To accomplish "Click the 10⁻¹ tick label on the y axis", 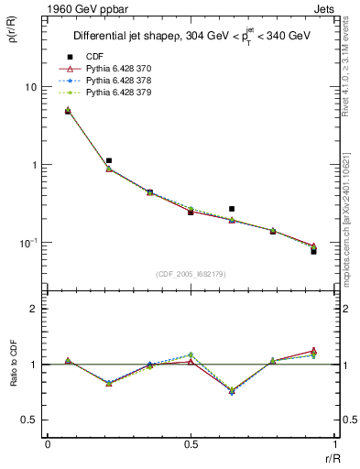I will click(27, 243).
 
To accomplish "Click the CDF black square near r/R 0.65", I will click(232, 209).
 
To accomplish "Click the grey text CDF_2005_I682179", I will click(191, 274).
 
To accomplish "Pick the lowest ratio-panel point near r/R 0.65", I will click(232, 391).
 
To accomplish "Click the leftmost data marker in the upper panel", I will click(68, 111).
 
